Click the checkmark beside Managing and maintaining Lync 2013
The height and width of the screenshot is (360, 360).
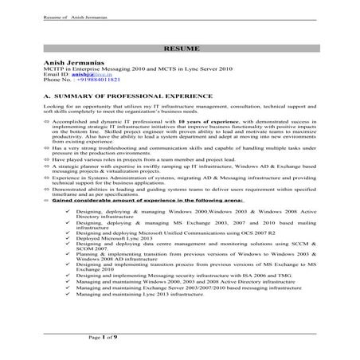[71, 295]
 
